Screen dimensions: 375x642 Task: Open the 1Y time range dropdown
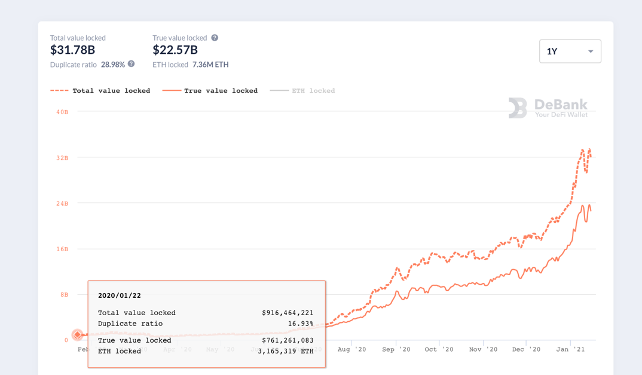point(570,51)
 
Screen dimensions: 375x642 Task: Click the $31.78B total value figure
point(72,50)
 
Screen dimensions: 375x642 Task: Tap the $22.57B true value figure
point(175,50)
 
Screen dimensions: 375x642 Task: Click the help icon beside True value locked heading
point(215,38)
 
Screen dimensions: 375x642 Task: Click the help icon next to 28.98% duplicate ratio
point(131,64)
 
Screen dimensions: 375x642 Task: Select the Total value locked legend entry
point(100,91)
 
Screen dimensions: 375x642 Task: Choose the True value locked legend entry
point(210,91)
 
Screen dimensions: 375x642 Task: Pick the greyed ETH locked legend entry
point(302,91)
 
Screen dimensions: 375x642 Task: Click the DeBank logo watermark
point(548,108)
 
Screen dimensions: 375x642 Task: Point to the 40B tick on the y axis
point(62,112)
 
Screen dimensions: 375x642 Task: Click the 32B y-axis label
point(62,158)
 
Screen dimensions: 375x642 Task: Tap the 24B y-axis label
point(62,203)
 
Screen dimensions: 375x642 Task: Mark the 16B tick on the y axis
point(62,249)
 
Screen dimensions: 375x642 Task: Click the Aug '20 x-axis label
point(351,349)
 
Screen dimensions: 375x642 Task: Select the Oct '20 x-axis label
point(439,349)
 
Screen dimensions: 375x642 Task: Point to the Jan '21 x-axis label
point(570,349)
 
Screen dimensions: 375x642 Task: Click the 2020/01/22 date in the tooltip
point(120,295)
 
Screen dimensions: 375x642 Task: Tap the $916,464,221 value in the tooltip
point(288,313)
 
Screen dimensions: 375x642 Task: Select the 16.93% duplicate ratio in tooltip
point(301,324)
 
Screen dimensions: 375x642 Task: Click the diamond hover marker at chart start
point(77,335)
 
